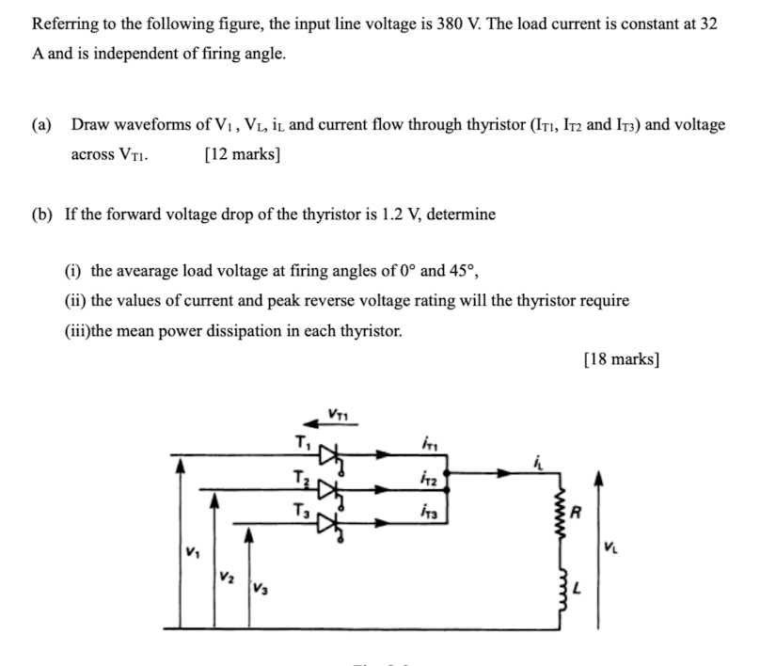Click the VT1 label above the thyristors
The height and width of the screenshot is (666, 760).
pyautogui.click(x=337, y=411)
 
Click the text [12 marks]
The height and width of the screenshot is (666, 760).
pyautogui.click(x=243, y=155)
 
